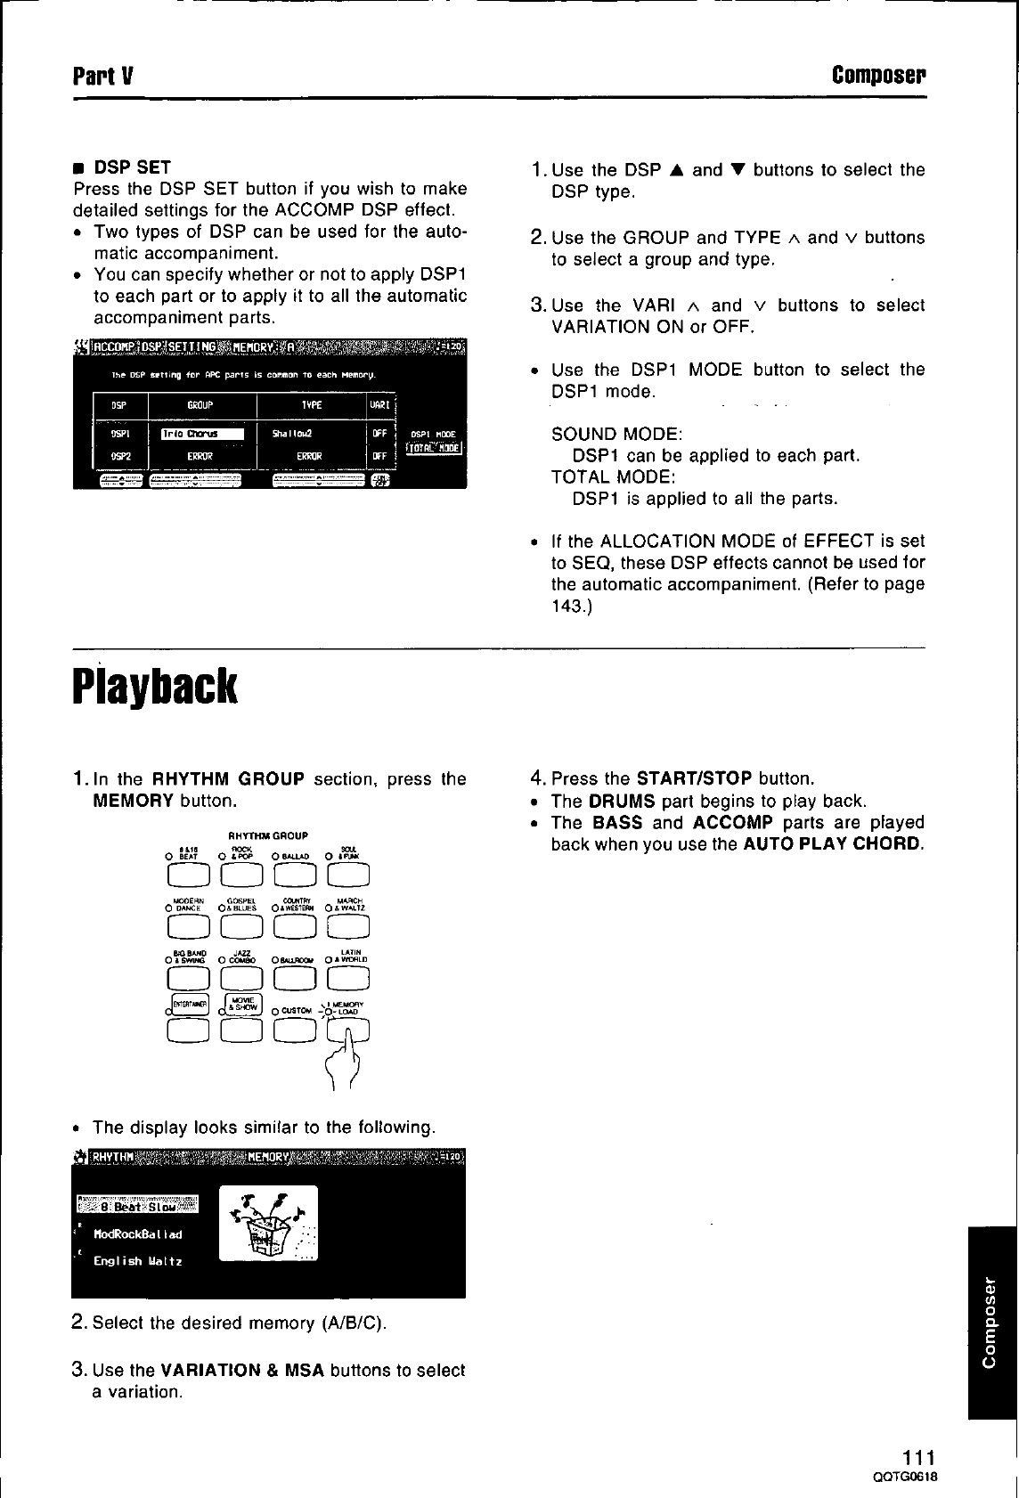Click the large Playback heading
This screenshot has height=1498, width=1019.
(x=155, y=687)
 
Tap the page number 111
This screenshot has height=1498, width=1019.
(x=918, y=1458)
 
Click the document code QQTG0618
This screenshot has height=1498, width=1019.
(x=907, y=1477)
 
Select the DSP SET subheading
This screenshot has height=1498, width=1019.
(x=132, y=167)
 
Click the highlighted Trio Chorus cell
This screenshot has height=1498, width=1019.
(x=201, y=435)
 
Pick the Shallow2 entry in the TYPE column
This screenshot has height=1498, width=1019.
(x=292, y=435)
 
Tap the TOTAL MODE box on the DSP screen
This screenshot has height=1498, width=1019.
(x=434, y=448)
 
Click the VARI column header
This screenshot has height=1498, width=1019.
(x=380, y=405)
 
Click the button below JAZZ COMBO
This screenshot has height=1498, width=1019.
(x=240, y=979)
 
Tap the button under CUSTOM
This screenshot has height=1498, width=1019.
(x=295, y=1030)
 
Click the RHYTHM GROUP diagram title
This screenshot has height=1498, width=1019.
(x=268, y=836)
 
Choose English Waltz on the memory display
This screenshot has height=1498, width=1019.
(x=137, y=1261)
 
